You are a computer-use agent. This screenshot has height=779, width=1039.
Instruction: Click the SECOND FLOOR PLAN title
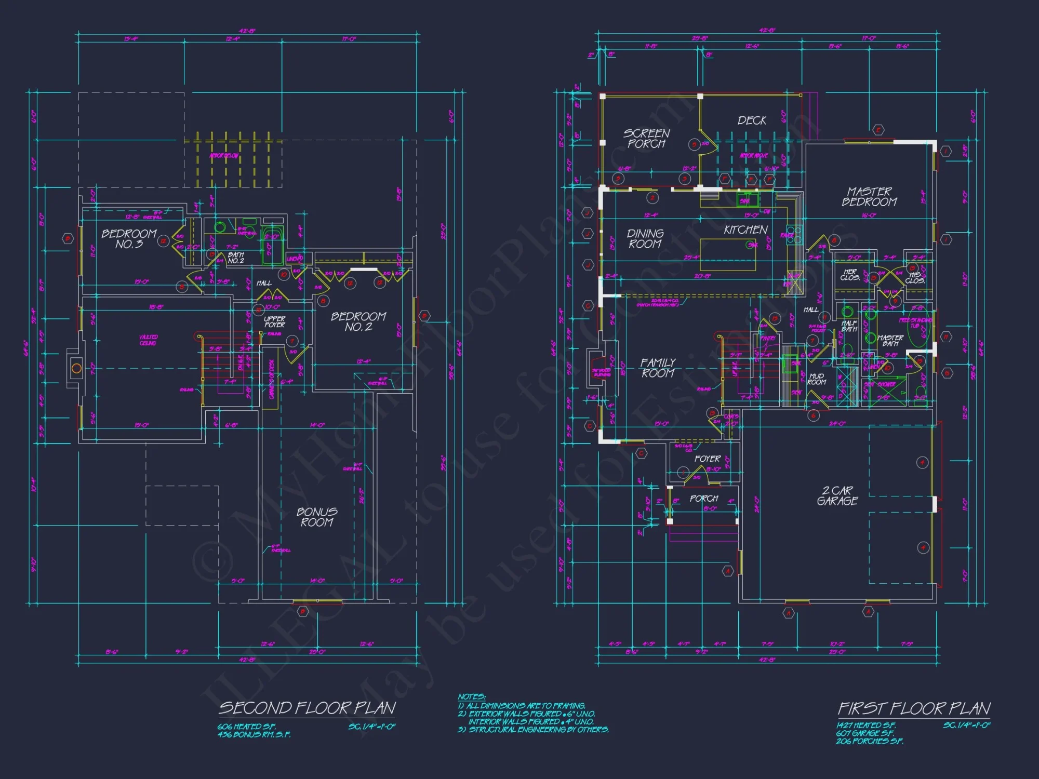coord(307,708)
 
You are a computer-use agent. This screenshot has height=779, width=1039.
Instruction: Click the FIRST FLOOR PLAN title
coord(914,708)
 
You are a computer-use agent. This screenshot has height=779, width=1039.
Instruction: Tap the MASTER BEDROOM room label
coord(869,197)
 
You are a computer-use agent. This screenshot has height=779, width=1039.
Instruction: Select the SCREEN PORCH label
coord(646,139)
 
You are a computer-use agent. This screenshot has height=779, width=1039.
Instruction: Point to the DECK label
coord(752,120)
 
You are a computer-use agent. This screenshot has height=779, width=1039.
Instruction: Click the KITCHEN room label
coord(745,230)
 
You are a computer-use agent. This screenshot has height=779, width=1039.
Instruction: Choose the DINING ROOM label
coord(645,239)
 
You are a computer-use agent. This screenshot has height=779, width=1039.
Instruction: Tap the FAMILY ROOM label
coord(658,368)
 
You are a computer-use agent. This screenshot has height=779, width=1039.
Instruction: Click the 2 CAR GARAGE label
coord(837,496)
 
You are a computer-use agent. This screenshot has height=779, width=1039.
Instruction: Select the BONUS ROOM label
coord(317,517)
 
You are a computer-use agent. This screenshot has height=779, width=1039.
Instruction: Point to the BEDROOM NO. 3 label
coord(129,239)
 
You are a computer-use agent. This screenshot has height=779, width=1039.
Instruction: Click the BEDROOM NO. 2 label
coord(358,321)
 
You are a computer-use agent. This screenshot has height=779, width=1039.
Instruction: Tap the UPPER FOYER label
coord(274,321)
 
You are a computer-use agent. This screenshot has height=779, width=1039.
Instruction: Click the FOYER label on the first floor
coord(707,459)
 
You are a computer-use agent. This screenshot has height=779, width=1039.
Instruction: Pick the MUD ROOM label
coord(816,379)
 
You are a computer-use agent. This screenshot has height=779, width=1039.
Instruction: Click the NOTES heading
coord(471,696)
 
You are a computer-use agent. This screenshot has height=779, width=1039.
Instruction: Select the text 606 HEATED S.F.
coord(246,727)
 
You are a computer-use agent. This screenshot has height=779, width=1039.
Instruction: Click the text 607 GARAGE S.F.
coord(864,733)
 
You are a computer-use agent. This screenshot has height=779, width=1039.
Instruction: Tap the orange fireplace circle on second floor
coord(76,369)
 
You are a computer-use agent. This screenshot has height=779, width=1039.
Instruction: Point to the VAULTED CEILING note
coord(148,340)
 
